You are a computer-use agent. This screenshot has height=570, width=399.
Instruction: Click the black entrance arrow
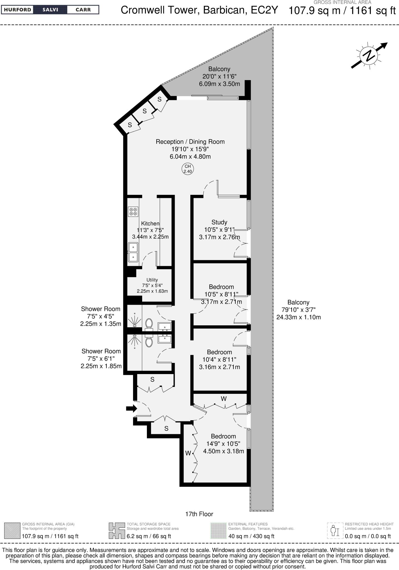(131, 408)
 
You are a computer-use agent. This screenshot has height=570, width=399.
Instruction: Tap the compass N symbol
(369, 55)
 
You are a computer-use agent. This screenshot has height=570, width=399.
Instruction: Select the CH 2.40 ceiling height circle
(188, 169)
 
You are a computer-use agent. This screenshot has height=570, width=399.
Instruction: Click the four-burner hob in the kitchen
(133, 212)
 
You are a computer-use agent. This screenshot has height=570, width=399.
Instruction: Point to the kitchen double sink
(133, 252)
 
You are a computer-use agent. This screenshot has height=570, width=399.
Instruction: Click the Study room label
(219, 222)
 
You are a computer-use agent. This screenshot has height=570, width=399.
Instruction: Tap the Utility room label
(152, 280)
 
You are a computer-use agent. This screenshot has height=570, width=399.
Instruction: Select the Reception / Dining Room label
(190, 142)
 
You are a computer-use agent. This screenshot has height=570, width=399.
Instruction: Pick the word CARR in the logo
(83, 10)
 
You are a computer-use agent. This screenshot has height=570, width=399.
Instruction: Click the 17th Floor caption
(199, 514)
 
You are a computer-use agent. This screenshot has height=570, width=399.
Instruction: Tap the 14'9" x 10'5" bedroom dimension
(223, 444)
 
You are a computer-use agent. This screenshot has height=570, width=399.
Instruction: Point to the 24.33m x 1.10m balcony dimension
(299, 317)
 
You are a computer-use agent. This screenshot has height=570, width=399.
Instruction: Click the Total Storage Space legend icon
(117, 530)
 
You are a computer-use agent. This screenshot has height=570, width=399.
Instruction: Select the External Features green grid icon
(218, 530)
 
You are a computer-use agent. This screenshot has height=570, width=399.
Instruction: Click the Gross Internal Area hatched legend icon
(12, 530)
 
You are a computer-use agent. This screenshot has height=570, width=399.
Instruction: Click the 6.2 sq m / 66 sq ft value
(149, 536)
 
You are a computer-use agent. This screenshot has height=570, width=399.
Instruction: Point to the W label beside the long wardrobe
(188, 453)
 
